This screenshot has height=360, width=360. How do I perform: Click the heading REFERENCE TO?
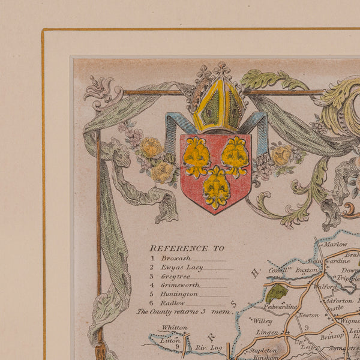(x=187, y=248)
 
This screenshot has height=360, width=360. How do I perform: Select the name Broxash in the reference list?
(x=175, y=258)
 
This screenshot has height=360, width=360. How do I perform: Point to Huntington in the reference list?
(x=180, y=294)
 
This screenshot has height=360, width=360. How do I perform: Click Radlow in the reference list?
(x=173, y=303)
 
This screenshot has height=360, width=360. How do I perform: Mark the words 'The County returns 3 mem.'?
(x=184, y=311)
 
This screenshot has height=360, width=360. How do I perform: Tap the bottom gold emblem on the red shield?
(x=216, y=188)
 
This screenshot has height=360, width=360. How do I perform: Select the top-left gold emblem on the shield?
(x=196, y=157)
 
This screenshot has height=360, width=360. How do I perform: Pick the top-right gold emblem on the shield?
(x=235, y=156)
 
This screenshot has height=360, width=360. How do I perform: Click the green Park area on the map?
(x=277, y=292)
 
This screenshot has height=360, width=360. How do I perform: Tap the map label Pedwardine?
(x=280, y=307)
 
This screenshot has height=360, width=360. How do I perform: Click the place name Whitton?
(x=175, y=328)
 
